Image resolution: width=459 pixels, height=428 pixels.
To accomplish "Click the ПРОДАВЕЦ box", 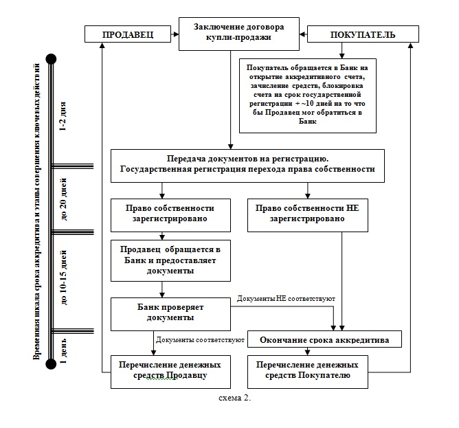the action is point(128,34).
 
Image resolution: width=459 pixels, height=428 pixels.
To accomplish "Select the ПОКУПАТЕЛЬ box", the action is point(363,34).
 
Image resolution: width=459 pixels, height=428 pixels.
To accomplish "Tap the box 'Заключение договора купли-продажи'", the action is point(239,34).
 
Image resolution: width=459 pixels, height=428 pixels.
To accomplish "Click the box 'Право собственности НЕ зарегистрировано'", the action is point(308,216).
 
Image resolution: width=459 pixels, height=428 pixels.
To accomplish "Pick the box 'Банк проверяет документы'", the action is point(170,315).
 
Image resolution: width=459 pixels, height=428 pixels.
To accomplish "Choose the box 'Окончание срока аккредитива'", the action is point(324,339).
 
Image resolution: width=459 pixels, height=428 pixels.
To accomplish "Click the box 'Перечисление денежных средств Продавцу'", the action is point(170,372).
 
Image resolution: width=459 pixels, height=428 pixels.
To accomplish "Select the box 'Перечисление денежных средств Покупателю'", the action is point(308,372).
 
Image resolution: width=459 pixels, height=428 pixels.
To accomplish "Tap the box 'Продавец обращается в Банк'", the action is point(170,261).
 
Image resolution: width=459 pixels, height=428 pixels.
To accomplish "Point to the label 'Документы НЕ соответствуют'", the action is point(286,299).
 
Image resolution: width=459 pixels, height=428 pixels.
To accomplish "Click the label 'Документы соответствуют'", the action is point(200,340).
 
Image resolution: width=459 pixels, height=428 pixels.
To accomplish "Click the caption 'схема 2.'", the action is point(235,398).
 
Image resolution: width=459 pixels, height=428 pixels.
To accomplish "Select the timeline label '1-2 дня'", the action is point(63,117).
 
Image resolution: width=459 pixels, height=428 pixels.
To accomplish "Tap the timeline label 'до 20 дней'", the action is point(63,199).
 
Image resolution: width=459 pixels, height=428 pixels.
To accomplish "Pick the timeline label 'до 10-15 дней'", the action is point(63,278).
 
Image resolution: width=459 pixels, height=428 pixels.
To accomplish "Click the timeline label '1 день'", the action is point(63,351).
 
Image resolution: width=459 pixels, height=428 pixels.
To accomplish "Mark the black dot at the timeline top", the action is point(52,59).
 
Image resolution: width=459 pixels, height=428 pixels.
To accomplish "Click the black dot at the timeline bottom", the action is point(52,364).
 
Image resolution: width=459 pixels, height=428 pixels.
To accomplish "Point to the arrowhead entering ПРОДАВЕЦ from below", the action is point(102,45).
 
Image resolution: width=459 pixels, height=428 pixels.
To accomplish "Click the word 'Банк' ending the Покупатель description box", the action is point(308,122).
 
